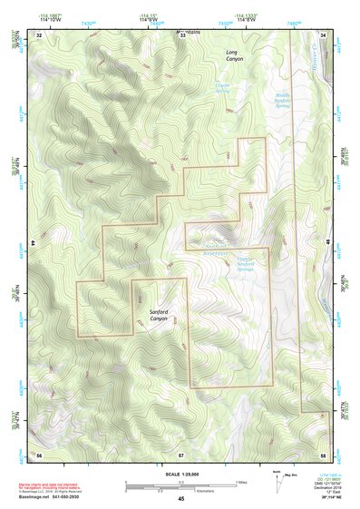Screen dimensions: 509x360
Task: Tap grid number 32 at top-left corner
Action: tap(39, 34)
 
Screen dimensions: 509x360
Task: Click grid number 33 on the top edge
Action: tap(181, 34)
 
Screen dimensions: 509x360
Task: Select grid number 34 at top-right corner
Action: tap(324, 34)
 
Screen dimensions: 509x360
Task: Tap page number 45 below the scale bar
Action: tap(181, 499)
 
